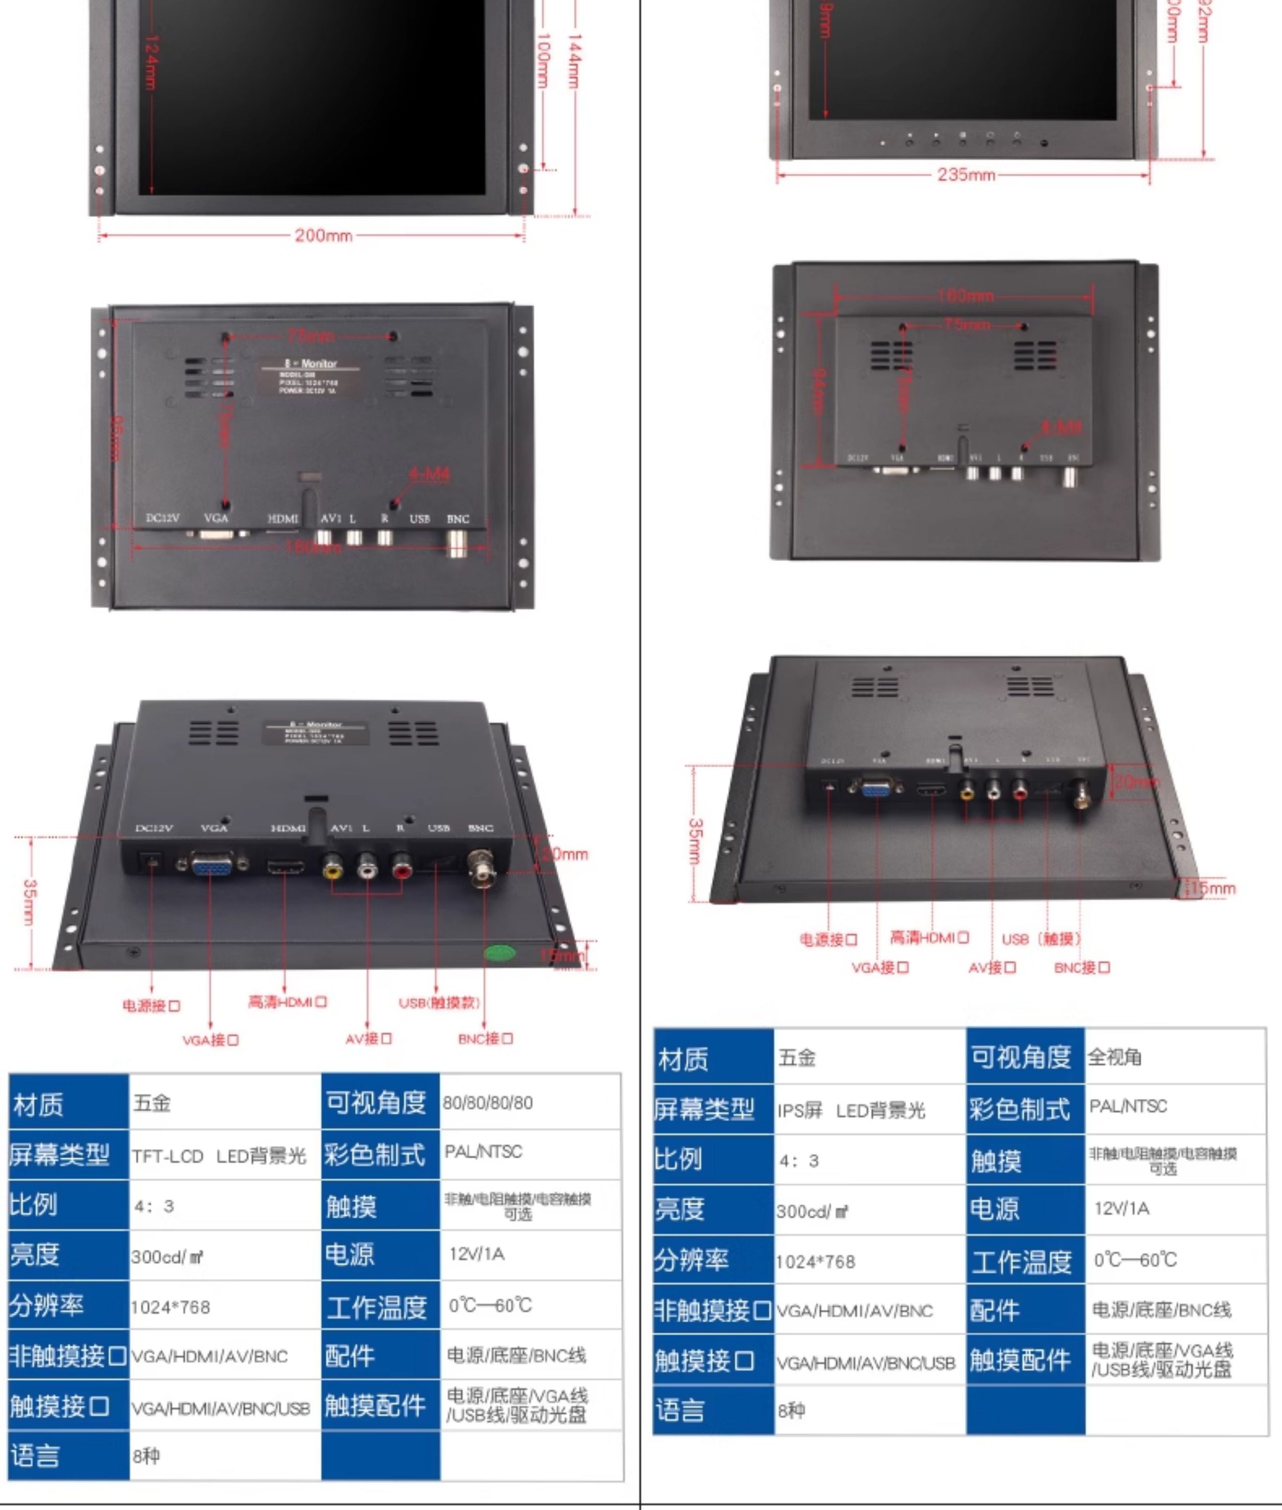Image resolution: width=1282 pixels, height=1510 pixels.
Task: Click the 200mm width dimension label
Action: point(324,236)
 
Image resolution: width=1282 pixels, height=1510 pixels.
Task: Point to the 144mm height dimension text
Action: point(575,61)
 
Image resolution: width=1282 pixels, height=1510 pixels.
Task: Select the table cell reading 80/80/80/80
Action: point(487,1103)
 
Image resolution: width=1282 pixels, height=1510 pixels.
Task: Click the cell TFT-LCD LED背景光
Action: point(219,1156)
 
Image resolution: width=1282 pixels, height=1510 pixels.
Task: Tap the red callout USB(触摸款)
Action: point(439,1003)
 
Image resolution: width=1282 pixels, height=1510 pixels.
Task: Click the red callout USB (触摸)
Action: point(1041,939)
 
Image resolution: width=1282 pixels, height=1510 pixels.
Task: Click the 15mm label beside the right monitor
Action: point(1212,888)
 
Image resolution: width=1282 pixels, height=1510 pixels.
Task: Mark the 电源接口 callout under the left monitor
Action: point(151,1005)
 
